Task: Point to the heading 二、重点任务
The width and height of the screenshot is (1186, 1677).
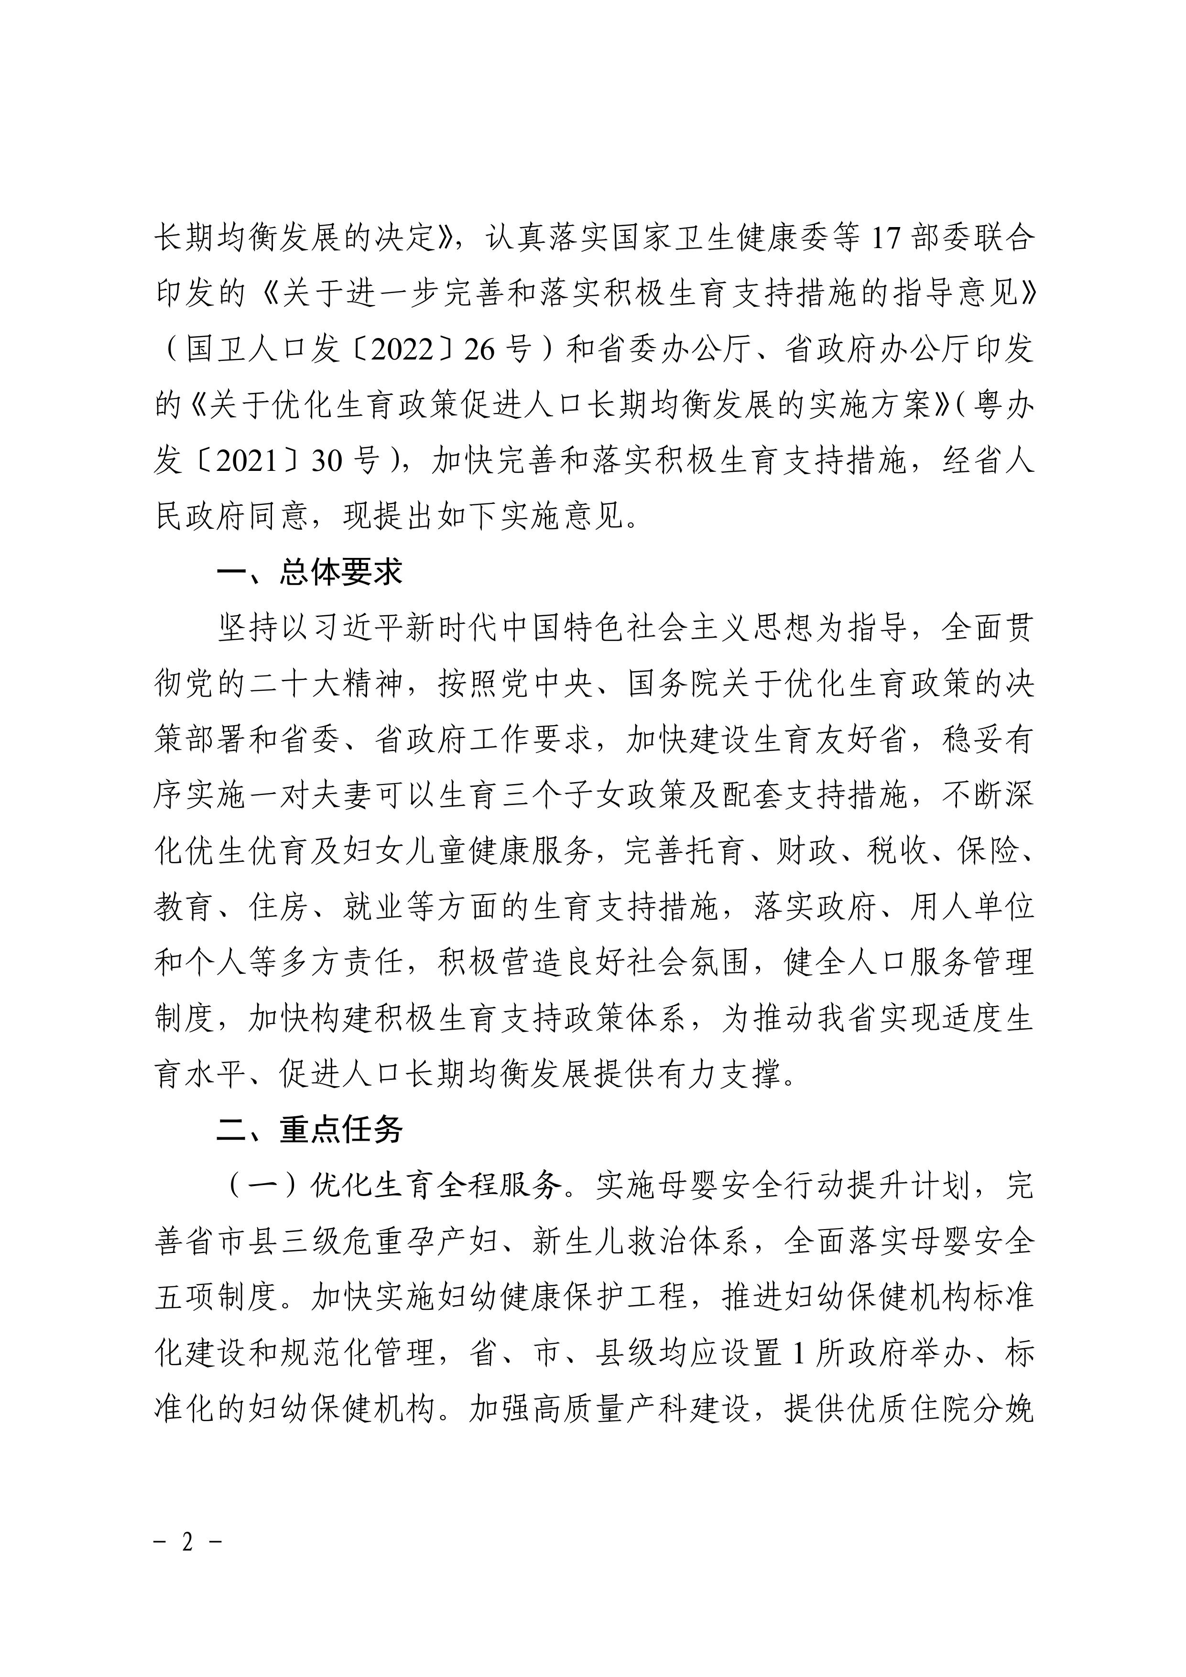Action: tap(310, 1130)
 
